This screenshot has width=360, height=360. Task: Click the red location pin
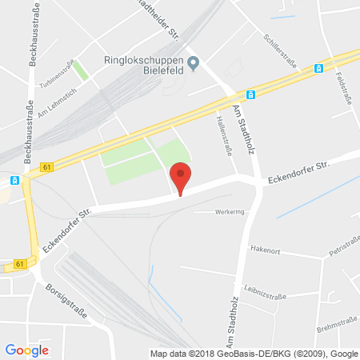click(182, 176)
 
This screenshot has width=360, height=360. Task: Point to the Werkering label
click(229, 212)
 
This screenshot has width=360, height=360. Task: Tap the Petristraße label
click(342, 249)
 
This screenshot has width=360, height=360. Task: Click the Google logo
click(26, 350)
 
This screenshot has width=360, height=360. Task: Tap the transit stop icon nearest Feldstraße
click(318, 69)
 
